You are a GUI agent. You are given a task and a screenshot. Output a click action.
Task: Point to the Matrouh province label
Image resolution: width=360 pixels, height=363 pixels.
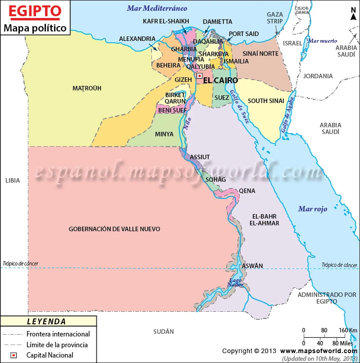87,88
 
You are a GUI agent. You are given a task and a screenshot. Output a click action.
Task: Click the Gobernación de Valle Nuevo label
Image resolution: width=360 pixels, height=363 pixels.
114,229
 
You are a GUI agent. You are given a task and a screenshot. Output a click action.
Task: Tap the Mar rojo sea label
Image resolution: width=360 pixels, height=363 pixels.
312,209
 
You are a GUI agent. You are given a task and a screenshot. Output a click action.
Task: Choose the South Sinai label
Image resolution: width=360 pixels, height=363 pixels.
266,101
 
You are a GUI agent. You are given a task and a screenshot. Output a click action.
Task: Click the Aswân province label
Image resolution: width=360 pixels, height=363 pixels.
252,266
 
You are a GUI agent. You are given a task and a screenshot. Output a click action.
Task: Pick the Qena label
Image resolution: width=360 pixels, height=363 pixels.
247,191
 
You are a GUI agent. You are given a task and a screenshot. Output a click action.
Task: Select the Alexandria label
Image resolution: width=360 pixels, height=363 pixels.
137,39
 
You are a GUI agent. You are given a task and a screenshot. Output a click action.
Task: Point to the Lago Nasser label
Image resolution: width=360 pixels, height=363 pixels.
236,282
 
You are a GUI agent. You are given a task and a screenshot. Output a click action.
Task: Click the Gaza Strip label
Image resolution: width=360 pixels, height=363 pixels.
274,18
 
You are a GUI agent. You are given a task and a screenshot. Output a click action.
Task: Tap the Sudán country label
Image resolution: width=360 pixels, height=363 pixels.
163,332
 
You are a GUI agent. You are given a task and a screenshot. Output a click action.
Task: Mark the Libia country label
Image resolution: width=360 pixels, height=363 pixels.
13,180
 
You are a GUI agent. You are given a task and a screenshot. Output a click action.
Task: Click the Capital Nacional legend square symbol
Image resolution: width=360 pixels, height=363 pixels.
14,355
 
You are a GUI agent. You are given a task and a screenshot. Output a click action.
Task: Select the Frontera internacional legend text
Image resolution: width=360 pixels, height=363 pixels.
58,334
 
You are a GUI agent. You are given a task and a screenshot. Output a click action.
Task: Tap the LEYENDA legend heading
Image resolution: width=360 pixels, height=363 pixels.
47,322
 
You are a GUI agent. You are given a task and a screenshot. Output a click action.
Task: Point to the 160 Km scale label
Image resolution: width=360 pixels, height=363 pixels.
342,331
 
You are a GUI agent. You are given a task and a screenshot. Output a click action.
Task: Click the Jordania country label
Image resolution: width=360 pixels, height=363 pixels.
318,76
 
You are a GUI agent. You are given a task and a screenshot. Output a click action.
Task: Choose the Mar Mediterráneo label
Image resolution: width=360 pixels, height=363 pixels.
157,8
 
